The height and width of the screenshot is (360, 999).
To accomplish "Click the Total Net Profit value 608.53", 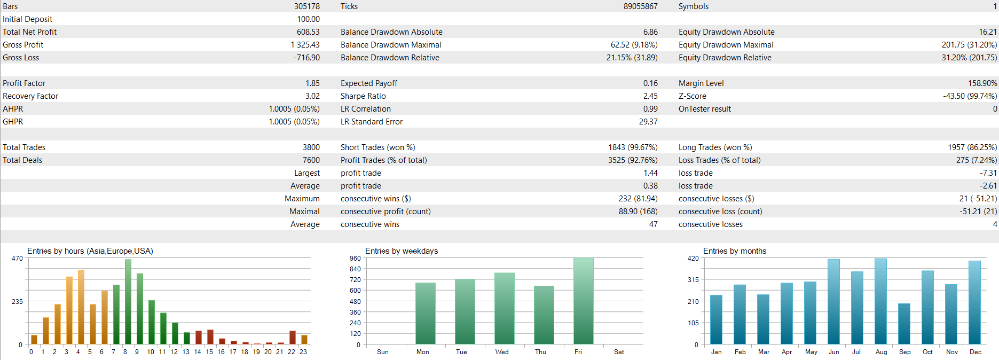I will tap(308, 32).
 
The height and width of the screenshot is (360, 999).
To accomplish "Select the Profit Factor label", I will tap(24, 83).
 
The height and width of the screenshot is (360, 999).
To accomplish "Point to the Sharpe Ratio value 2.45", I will tap(650, 96).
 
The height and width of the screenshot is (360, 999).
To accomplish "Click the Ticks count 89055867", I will tap(640, 6).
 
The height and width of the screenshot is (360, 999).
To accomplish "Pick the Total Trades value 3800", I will tap(311, 147).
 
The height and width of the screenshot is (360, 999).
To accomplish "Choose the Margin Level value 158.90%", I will tap(982, 83).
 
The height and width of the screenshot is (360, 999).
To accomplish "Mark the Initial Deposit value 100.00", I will tap(308, 19).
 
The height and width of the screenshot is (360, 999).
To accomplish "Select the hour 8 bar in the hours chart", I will tap(128, 302).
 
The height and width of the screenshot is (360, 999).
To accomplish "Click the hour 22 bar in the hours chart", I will tap(293, 338).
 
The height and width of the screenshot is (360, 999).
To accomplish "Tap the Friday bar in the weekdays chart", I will tap(583, 301).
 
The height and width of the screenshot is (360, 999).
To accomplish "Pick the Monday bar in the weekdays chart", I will tap(426, 314).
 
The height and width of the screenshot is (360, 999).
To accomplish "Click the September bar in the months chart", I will tap(904, 324).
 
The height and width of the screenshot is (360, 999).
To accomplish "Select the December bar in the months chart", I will tap(974, 302).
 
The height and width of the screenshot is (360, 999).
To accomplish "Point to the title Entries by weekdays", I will tap(401, 251).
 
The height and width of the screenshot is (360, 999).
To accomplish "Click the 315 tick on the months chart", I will tap(693, 280).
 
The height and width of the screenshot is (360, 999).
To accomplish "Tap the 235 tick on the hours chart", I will tap(17, 302).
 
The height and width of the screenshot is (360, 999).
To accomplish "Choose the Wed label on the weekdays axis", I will tap(501, 352).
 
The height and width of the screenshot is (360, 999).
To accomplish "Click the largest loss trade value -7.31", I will tap(988, 173).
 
